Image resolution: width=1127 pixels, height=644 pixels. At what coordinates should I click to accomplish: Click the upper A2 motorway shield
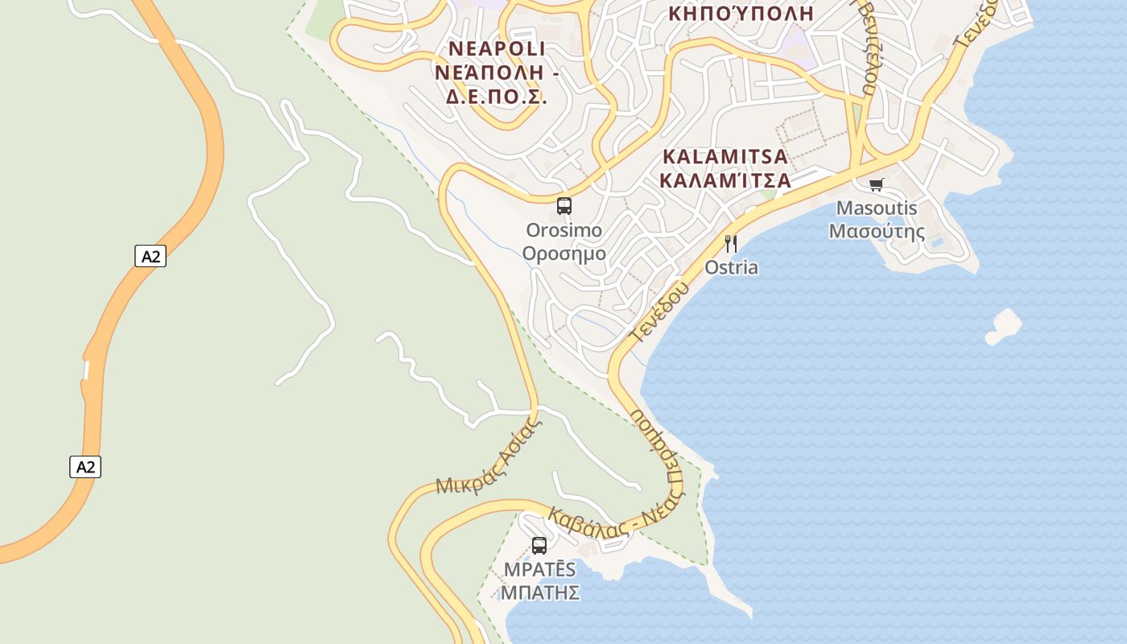151,257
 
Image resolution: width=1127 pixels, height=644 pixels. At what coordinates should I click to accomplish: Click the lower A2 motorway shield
85,467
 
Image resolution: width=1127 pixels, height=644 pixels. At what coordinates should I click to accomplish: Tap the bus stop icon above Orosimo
564,205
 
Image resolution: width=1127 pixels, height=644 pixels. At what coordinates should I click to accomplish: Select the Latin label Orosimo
563,230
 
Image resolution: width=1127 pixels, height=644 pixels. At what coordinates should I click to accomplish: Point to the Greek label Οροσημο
563,254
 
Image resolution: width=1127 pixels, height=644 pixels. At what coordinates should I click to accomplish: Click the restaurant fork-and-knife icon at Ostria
731,244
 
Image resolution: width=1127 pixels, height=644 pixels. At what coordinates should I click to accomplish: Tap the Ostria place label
731,267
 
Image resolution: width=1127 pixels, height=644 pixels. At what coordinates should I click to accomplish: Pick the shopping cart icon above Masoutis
877,184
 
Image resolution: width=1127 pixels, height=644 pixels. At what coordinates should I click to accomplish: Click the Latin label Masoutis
877,208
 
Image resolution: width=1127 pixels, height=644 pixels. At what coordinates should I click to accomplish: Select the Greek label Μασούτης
877,231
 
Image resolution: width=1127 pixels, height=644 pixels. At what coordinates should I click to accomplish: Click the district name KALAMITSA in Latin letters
724,156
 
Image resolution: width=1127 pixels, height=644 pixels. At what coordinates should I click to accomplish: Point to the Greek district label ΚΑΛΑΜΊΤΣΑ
724,180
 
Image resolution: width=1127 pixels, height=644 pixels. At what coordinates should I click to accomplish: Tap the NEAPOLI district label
497,49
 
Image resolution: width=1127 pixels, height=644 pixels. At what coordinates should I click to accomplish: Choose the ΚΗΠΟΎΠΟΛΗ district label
741,14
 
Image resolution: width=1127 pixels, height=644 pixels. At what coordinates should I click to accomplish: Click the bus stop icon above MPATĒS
539,545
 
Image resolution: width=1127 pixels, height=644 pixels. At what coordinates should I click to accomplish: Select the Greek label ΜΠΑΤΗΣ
540,592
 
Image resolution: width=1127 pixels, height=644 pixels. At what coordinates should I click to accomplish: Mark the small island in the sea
1005,325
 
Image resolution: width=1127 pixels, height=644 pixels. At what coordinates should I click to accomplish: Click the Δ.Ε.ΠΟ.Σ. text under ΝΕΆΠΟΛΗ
497,97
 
